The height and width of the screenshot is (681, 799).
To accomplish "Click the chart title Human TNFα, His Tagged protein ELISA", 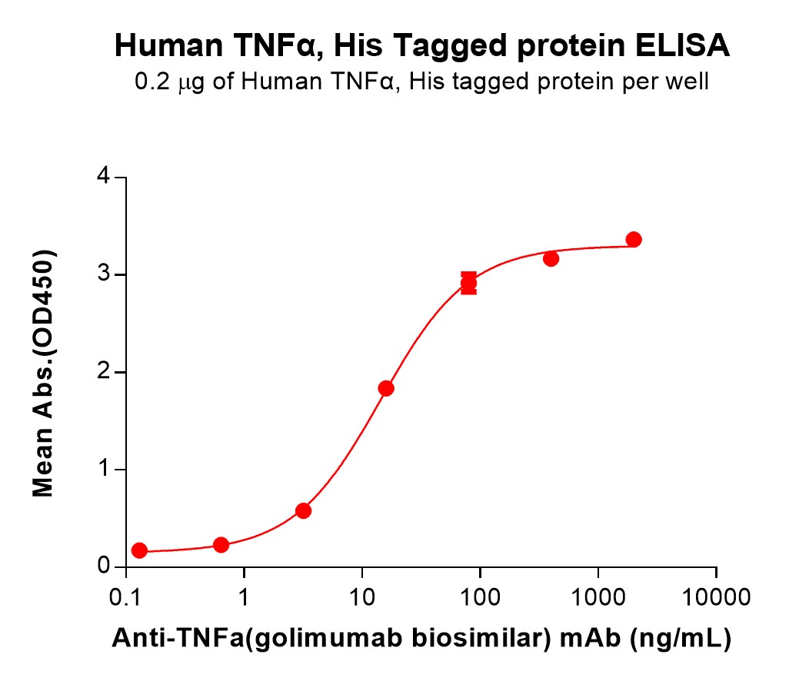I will [421, 46].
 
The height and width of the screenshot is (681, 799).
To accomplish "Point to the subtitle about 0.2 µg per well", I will [421, 81].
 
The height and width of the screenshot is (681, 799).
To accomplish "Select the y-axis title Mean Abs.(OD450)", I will [44, 373].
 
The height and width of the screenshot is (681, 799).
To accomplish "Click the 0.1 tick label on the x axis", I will [126, 596].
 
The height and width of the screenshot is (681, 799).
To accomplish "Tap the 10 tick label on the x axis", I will [362, 596].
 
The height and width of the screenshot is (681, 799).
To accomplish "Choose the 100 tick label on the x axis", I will [480, 596].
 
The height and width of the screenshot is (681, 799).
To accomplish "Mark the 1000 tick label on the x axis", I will [598, 596].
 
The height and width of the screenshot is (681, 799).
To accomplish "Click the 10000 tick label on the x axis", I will [716, 596].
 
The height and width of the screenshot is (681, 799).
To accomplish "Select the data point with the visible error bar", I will [468, 284].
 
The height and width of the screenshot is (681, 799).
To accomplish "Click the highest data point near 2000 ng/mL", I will [634, 240].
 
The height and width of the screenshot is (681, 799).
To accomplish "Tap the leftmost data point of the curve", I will [139, 550].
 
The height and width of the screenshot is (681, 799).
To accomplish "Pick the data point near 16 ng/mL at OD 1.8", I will [386, 388].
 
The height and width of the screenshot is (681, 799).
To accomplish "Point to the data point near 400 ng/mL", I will [551, 259].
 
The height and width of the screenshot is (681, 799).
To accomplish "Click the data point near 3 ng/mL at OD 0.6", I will [303, 510].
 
